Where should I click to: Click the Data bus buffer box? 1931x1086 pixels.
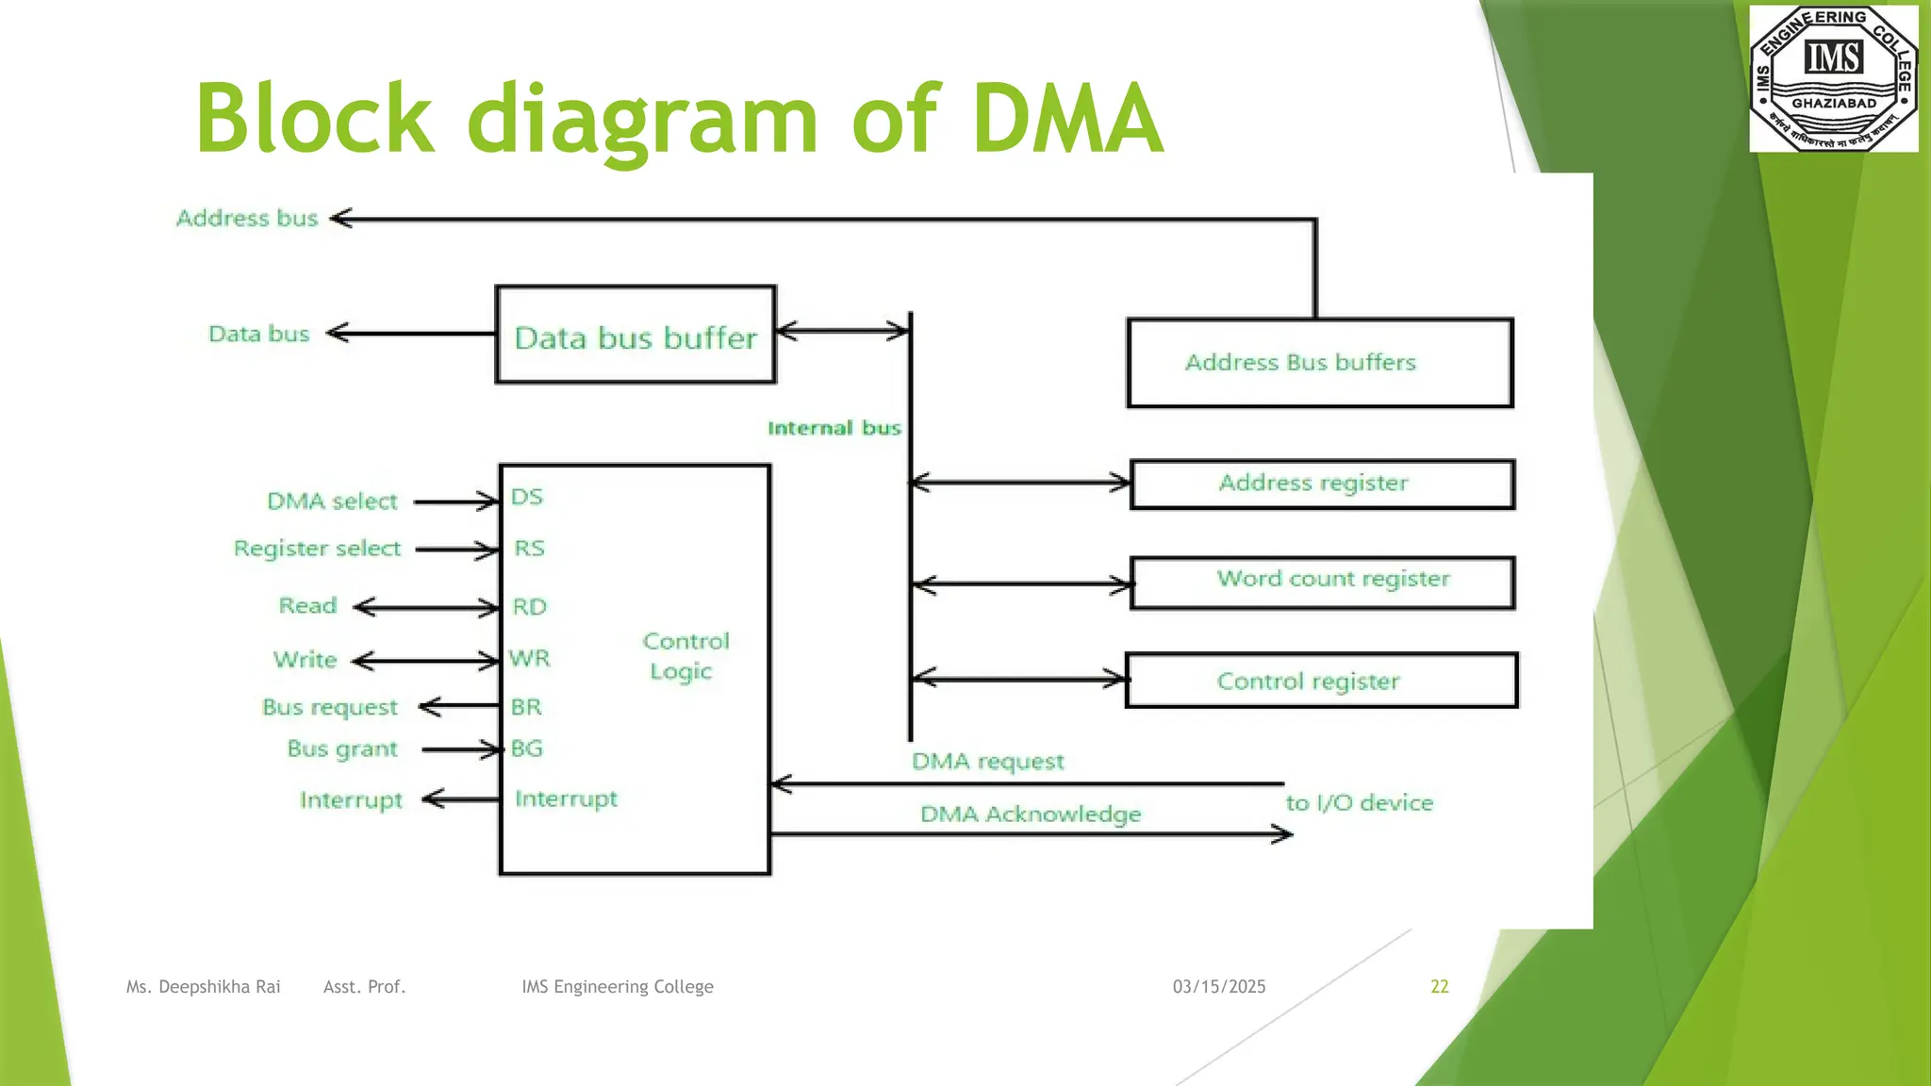click(635, 336)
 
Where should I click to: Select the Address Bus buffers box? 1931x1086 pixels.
click(1319, 363)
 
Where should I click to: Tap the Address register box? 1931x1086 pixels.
click(1322, 484)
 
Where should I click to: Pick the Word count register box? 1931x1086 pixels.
click(1322, 582)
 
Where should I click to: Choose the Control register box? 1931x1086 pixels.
click(1321, 681)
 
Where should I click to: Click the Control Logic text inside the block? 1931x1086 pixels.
click(685, 656)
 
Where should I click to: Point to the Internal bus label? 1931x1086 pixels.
click(833, 428)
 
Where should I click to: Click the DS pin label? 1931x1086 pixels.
click(527, 497)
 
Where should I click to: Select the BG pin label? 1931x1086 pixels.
click(527, 749)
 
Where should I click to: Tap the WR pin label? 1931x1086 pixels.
click(529, 658)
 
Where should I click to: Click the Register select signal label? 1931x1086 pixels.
click(317, 549)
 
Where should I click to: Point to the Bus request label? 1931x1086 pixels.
click(329, 707)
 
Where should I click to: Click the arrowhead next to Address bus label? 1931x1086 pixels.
click(341, 219)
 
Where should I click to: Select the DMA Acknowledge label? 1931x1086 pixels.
click(1030, 814)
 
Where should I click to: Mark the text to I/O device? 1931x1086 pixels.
click(1359, 803)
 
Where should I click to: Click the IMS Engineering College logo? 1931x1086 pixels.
click(1833, 78)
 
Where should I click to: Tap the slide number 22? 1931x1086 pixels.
click(1439, 986)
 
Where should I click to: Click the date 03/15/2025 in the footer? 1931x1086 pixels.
click(1218, 986)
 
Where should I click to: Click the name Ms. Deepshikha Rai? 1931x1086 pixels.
click(203, 986)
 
